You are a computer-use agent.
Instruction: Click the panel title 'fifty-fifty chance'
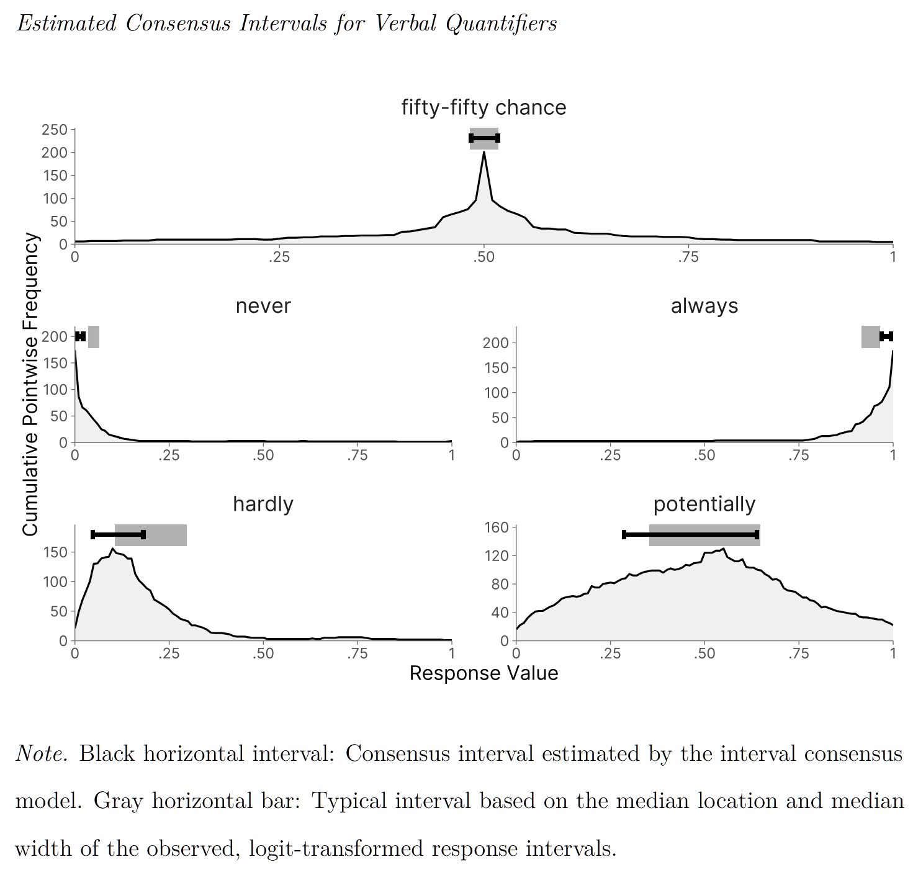(x=483, y=107)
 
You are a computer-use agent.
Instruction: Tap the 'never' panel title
(x=263, y=305)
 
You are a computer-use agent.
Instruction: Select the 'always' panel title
(x=704, y=305)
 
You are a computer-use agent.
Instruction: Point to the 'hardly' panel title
(x=263, y=503)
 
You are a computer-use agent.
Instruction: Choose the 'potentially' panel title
(x=704, y=503)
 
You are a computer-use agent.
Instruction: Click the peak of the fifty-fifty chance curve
(x=484, y=153)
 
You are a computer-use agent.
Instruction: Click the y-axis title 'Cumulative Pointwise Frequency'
(x=30, y=385)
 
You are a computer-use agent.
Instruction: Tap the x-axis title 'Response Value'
(x=483, y=673)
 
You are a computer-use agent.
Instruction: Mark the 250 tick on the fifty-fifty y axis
(x=55, y=130)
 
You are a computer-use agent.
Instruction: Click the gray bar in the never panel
(x=94, y=336)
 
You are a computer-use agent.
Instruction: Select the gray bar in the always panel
(x=870, y=336)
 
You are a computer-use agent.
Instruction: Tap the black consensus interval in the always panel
(x=886, y=336)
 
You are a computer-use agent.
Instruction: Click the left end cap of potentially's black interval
(x=624, y=534)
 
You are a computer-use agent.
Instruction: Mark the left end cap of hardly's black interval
(x=93, y=534)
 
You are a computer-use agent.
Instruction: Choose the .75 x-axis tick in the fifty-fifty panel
(x=688, y=257)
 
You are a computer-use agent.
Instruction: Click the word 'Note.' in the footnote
(x=42, y=753)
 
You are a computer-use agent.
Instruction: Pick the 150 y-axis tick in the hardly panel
(x=55, y=552)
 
